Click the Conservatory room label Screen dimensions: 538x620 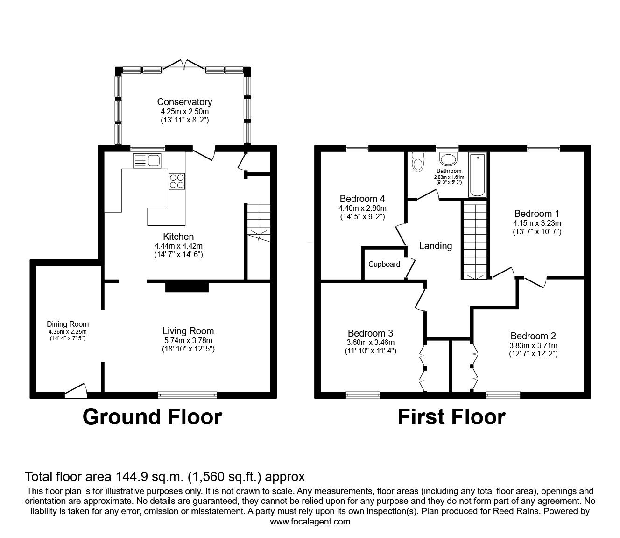pyautogui.click(x=184, y=102)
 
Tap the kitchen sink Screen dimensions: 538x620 pyautogui.click(x=147, y=161)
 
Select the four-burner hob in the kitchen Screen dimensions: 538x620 pyautogui.click(x=176, y=181)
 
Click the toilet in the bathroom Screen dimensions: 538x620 pyautogui.click(x=418, y=162)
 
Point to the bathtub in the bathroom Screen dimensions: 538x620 pyautogui.click(x=477, y=174)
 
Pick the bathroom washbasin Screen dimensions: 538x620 pyautogui.click(x=449, y=159)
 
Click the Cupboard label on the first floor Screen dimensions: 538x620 pyautogui.click(x=384, y=264)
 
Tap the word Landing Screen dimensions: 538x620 pyautogui.click(x=435, y=246)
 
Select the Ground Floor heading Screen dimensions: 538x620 pyautogui.click(x=152, y=416)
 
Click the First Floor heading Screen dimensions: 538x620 pyautogui.click(x=451, y=417)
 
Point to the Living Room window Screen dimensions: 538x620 pyautogui.click(x=188, y=395)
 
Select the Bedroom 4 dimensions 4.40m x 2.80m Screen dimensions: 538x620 pyautogui.click(x=363, y=208)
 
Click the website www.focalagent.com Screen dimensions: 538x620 pyautogui.click(x=310, y=522)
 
